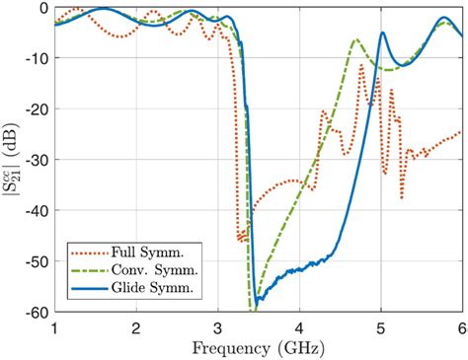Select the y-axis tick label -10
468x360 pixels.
(38, 58)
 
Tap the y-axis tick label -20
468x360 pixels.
(38, 109)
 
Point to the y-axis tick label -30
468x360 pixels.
(38, 160)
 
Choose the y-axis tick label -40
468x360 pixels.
(38, 211)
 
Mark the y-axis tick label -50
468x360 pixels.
(38, 261)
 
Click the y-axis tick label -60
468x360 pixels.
(38, 313)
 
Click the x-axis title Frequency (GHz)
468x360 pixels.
(258, 347)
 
